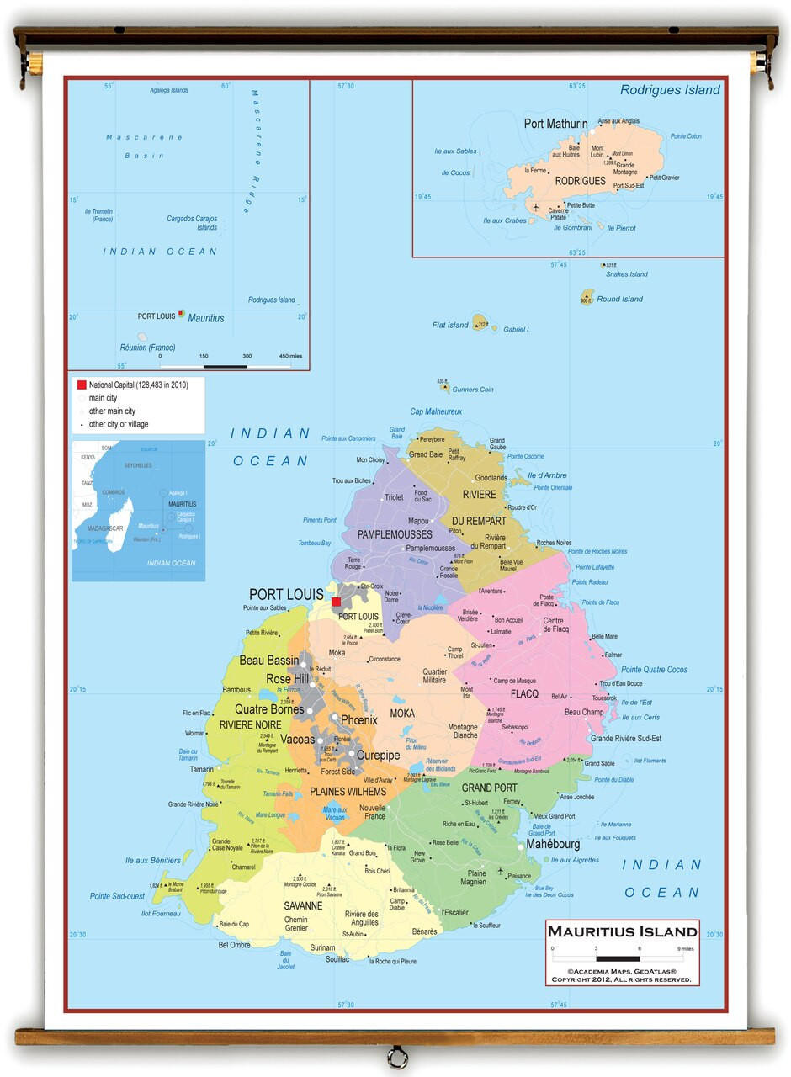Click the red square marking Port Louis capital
click(337, 602)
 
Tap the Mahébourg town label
click(553, 844)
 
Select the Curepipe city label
click(378, 756)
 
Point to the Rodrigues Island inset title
click(670, 90)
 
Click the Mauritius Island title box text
click(623, 931)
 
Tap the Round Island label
click(619, 299)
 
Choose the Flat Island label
click(450, 325)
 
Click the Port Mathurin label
click(555, 124)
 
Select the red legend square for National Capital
click(82, 385)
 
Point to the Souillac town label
click(337, 959)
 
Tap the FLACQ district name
click(523, 694)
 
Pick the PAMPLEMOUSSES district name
click(395, 534)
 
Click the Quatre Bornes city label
click(269, 709)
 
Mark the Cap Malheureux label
click(436, 411)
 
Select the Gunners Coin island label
click(472, 390)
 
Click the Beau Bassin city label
click(269, 661)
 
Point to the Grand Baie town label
click(425, 454)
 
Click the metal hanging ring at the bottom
click(396, 1057)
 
